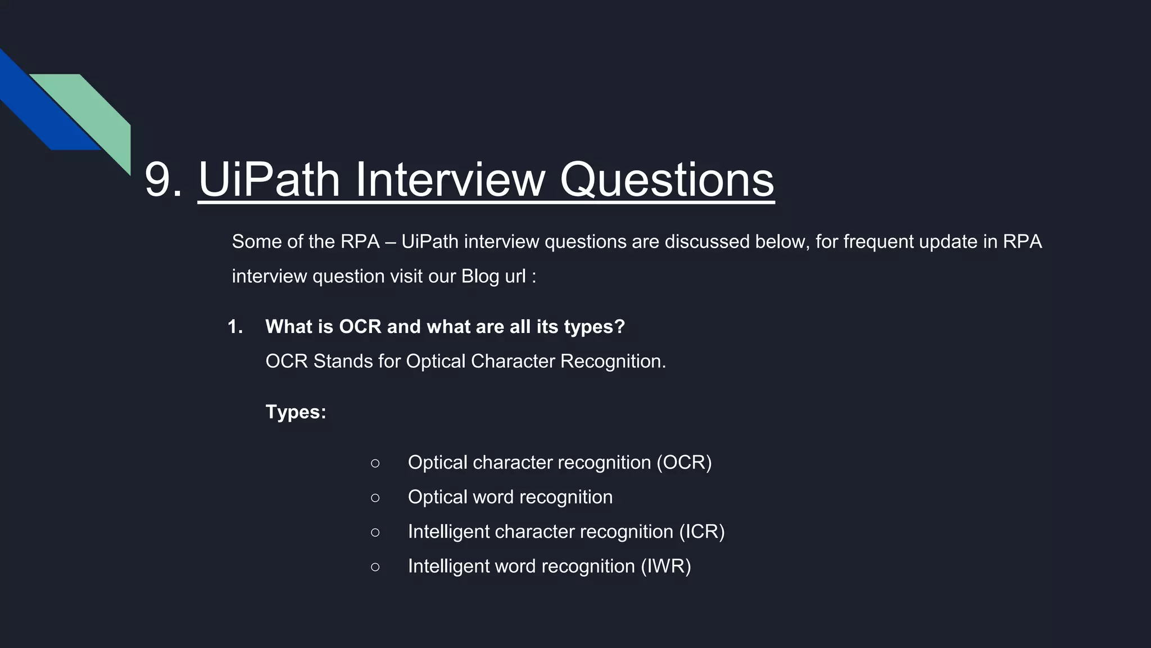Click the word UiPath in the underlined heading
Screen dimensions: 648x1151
pyautogui.click(x=269, y=180)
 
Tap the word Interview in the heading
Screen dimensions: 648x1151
pyautogui.click(x=450, y=180)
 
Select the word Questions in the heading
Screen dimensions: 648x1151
pyautogui.click(x=667, y=180)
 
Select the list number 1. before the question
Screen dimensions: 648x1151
pyautogui.click(x=235, y=327)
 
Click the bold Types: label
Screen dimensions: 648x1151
pyautogui.click(x=296, y=412)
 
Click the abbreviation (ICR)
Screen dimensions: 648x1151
pyautogui.click(x=701, y=532)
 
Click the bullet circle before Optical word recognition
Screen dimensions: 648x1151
pyautogui.click(x=375, y=497)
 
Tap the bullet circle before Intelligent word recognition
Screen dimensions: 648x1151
pyautogui.click(x=375, y=566)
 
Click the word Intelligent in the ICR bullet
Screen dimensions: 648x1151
pyautogui.click(x=447, y=532)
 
